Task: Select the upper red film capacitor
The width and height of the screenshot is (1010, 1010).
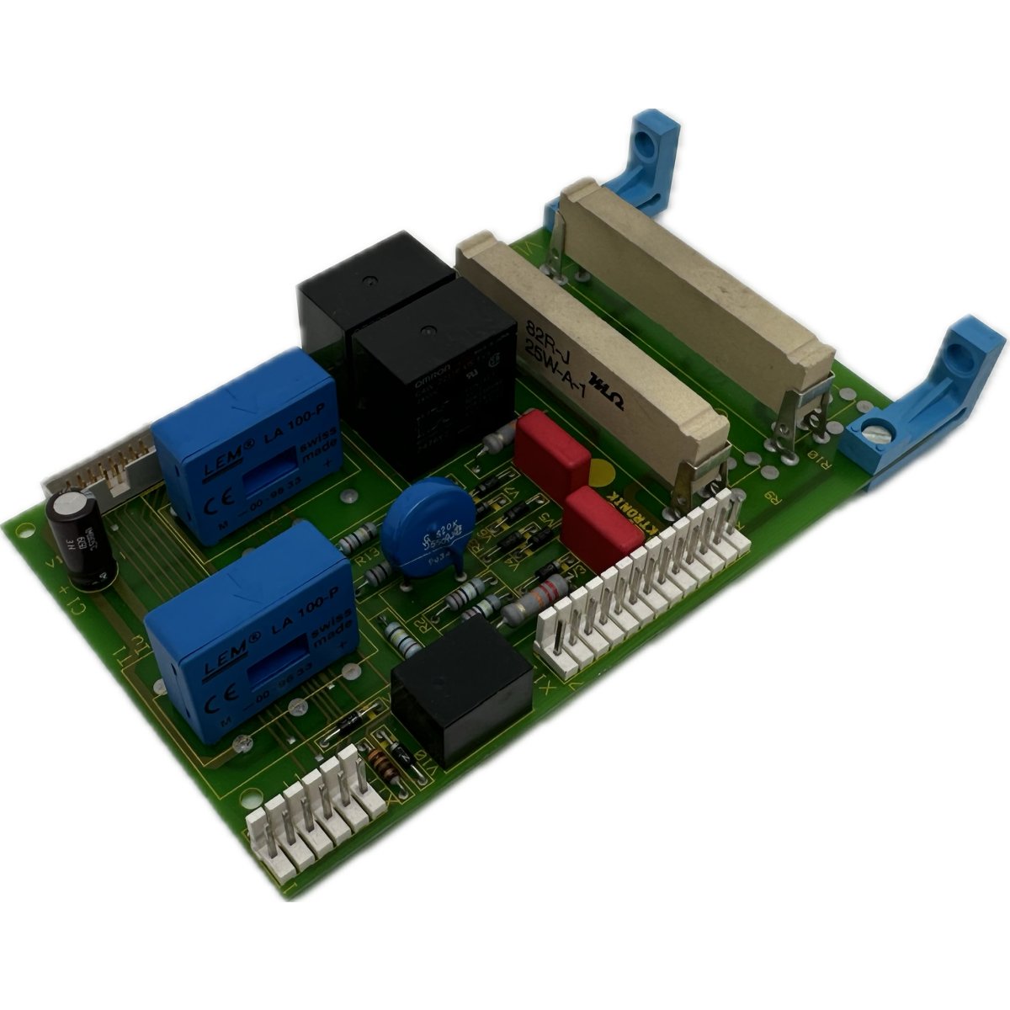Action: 551,452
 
